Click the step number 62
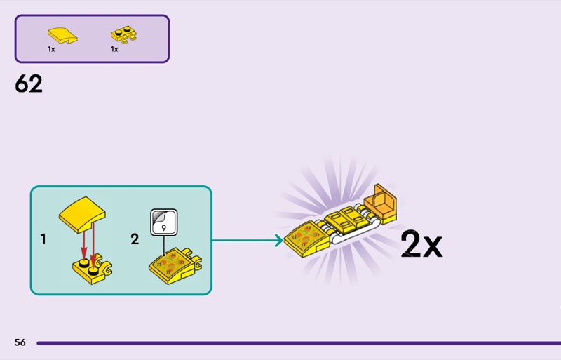[x=29, y=84]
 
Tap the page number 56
[x=20, y=342]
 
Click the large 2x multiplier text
[x=421, y=244]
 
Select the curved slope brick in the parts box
[x=62, y=34]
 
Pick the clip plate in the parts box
[x=124, y=34]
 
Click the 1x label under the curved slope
[x=52, y=50]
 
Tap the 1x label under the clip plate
[x=114, y=50]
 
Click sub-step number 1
[x=43, y=239]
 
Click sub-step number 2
[x=135, y=239]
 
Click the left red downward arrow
[x=83, y=246]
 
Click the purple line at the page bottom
[x=295, y=343]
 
